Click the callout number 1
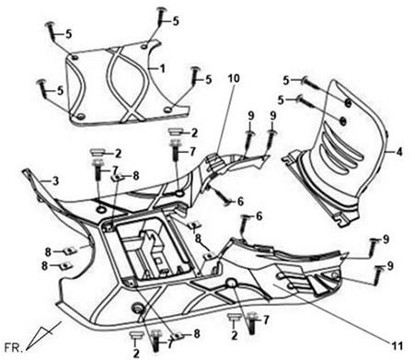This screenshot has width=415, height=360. point(163,68)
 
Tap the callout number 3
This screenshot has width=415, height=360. point(55,181)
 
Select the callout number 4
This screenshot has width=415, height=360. point(398,151)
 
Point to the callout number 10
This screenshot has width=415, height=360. point(233,78)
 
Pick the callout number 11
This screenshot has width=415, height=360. point(397,346)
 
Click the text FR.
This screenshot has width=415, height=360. point(14,348)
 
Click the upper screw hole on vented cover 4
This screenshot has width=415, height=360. point(348,103)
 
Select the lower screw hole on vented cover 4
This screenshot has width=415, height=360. point(343,121)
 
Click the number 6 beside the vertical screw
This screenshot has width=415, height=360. point(259,216)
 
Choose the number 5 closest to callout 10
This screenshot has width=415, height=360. point(209,80)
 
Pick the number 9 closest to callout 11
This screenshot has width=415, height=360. point(389,266)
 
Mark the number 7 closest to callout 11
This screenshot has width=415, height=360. point(266,320)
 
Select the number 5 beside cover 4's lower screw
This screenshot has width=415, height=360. point(281,99)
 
